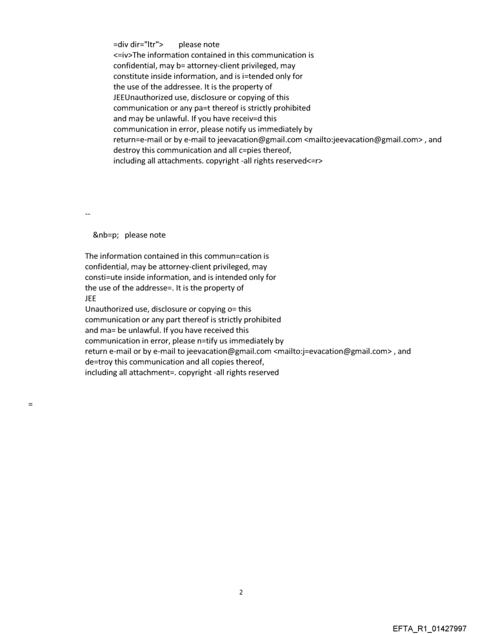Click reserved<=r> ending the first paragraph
[x=298, y=161]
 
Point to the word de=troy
[x=99, y=362]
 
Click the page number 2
[x=240, y=593]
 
